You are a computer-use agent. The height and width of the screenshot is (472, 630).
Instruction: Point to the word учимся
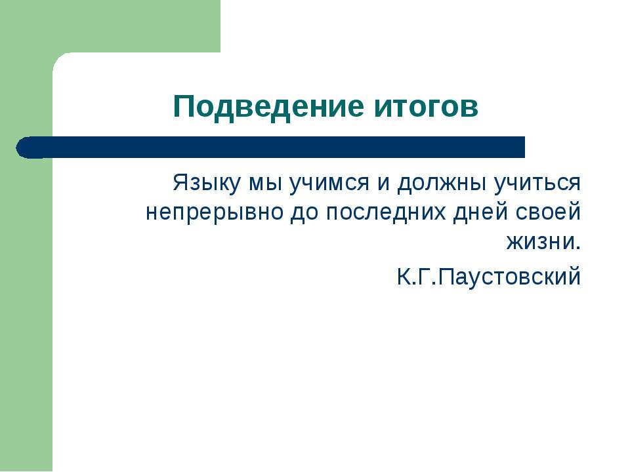(329, 185)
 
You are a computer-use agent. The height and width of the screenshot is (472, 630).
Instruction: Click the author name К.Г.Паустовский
(488, 276)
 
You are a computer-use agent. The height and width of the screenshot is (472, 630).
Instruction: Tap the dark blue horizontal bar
(270, 147)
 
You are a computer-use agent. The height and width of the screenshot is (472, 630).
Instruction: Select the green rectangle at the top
(110, 26)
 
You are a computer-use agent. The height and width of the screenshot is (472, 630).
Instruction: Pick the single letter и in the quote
(384, 184)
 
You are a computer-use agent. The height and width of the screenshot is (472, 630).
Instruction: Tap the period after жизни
(578, 248)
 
